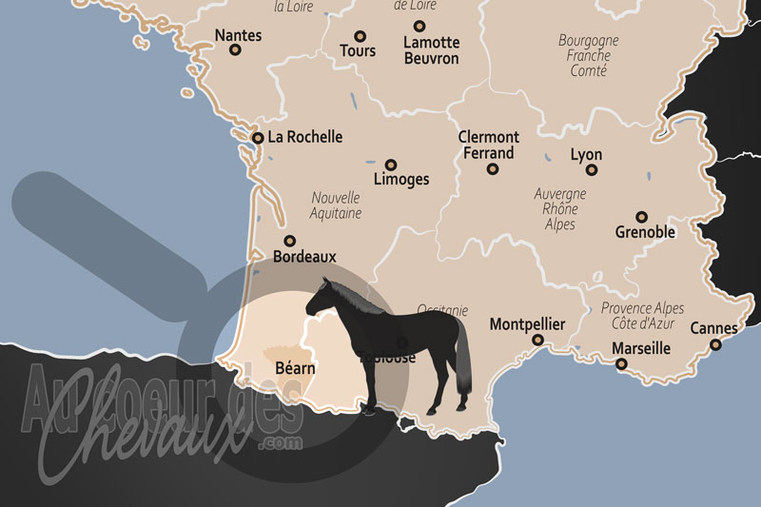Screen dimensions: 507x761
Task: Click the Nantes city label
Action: click(x=238, y=35)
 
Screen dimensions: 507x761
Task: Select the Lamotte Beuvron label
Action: click(x=431, y=50)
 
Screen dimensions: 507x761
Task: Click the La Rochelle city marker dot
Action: click(x=258, y=138)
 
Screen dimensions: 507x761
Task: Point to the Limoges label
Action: click(x=401, y=179)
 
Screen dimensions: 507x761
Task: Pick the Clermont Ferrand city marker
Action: click(x=493, y=169)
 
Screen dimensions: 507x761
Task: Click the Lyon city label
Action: click(x=586, y=154)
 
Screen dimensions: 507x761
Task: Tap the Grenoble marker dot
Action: click(x=642, y=217)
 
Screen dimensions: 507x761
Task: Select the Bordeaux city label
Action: click(x=304, y=257)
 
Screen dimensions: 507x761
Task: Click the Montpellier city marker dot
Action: click(x=537, y=340)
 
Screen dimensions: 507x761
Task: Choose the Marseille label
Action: click(x=641, y=349)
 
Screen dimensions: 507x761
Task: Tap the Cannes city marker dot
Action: click(x=715, y=344)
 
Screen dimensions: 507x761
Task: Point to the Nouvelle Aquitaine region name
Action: click(x=336, y=205)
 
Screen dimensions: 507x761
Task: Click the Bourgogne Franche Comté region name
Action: click(x=588, y=56)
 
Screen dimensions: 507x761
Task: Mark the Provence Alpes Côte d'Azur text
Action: click(x=642, y=317)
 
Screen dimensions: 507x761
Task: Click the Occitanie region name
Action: click(x=443, y=310)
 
